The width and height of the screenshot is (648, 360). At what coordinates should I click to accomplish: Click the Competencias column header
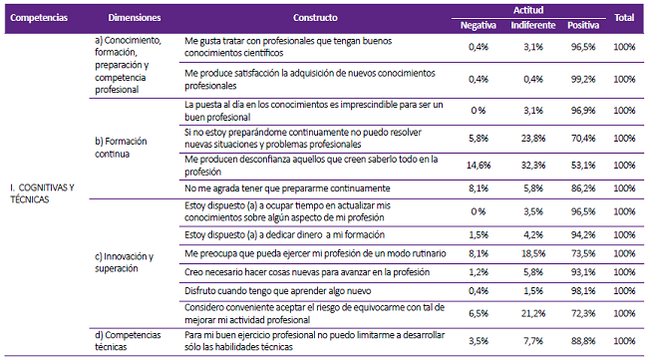click(x=40, y=18)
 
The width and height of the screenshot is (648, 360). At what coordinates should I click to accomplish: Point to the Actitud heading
click(x=527, y=9)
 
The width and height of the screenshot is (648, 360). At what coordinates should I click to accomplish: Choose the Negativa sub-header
click(x=478, y=25)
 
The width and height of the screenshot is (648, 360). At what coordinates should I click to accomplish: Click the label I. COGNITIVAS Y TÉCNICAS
click(x=42, y=192)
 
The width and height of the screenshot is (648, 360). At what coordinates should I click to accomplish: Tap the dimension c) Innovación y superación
click(x=126, y=262)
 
